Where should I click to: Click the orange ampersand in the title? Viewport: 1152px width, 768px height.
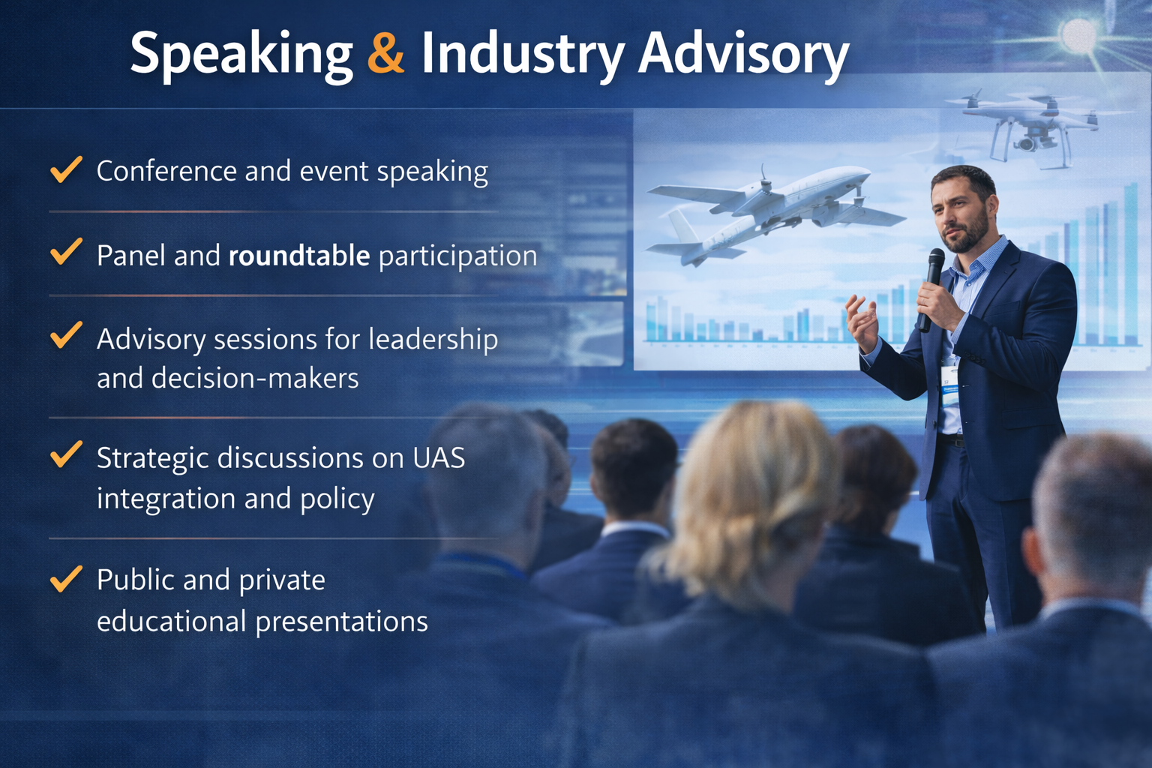(385, 52)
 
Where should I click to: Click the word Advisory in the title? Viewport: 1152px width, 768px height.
(743, 54)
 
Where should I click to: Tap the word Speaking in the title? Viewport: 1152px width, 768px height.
(241, 54)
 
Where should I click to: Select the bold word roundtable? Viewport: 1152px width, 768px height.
(298, 256)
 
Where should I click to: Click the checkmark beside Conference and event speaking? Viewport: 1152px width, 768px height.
(66, 169)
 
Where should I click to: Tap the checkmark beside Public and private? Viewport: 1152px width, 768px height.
(66, 578)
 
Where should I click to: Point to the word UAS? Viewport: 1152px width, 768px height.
(439, 457)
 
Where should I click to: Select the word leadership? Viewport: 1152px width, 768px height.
(433, 339)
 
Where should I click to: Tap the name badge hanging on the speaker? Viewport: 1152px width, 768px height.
(949, 385)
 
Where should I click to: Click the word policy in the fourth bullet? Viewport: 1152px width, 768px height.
(337, 499)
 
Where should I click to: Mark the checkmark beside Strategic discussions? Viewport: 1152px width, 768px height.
(66, 454)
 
